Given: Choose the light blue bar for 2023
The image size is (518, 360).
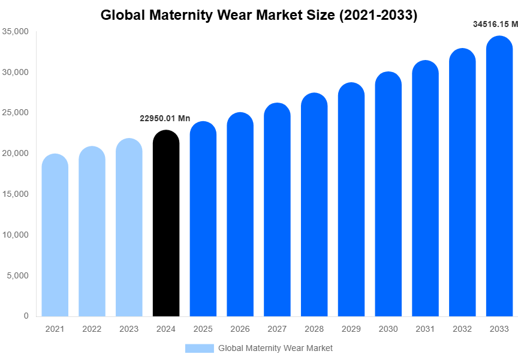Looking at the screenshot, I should pyautogui.click(x=129, y=227).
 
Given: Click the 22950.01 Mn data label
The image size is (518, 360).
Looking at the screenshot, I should pyautogui.click(x=165, y=119).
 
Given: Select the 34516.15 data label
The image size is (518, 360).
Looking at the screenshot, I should pyautogui.click(x=495, y=25).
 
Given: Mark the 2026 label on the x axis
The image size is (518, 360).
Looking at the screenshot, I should pyautogui.click(x=240, y=329).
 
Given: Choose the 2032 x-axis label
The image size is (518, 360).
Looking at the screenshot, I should pyautogui.click(x=462, y=329).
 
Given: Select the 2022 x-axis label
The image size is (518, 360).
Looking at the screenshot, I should pyautogui.click(x=92, y=329).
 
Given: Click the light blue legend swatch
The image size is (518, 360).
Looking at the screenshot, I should pyautogui.click(x=199, y=348).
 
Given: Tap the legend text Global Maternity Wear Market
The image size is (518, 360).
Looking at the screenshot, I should pyautogui.click(x=275, y=348).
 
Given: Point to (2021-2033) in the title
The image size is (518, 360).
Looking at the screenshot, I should pyautogui.click(x=378, y=15).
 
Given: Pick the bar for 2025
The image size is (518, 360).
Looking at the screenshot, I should pyautogui.click(x=203, y=219).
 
